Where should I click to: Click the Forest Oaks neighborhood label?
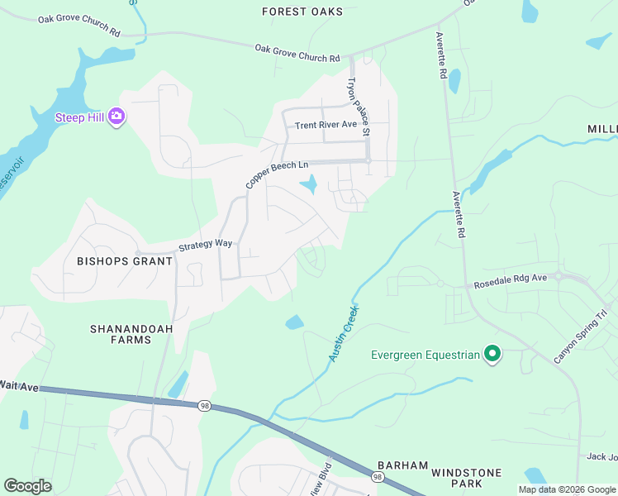point(302,12)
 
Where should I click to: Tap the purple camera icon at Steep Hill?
point(116,117)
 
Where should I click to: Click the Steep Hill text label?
point(79,117)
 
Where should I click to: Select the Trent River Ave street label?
point(326,125)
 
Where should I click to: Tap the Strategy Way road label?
point(206,246)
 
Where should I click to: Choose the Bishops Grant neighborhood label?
point(125,261)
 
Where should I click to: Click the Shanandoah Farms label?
point(121,333)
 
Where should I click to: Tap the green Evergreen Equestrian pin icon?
point(492,355)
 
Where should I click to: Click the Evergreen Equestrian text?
point(425,355)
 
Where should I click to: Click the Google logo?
point(27,486)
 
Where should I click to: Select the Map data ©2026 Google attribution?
point(566,489)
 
